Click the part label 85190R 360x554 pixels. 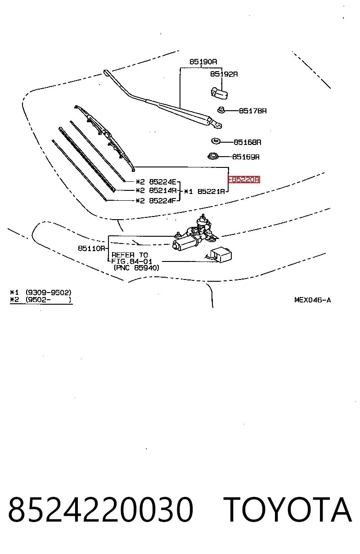click(x=203, y=62)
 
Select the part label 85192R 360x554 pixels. click(x=224, y=74)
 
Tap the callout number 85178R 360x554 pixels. click(x=253, y=111)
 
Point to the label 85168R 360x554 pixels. click(x=247, y=142)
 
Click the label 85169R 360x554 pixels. click(x=246, y=157)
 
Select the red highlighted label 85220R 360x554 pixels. click(x=244, y=180)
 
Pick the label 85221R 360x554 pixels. click(x=211, y=191)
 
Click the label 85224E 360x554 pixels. click(x=163, y=182)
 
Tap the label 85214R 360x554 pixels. click(x=163, y=190)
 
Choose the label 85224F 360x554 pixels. click(x=163, y=201)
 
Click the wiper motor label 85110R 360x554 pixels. click(x=92, y=248)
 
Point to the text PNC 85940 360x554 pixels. click(x=136, y=268)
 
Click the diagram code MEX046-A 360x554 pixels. click(x=313, y=300)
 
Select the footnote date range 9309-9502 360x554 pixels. click(x=49, y=293)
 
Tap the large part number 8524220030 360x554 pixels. click(x=101, y=509)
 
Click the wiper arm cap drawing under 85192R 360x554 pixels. click(x=219, y=93)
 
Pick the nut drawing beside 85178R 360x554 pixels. click(x=221, y=110)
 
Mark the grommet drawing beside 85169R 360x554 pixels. click(x=213, y=156)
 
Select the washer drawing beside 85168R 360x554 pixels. click(x=216, y=141)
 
